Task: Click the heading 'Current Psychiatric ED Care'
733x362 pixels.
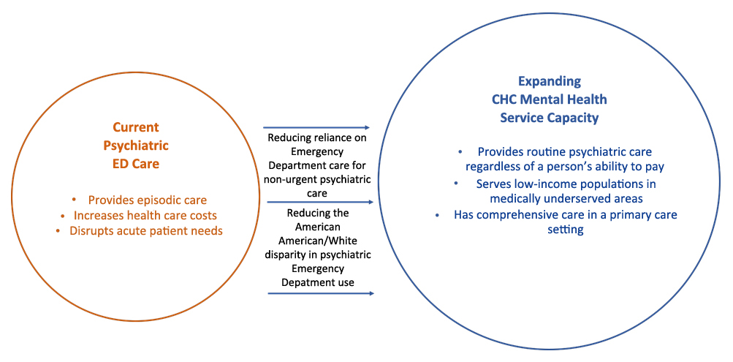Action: click(x=135, y=145)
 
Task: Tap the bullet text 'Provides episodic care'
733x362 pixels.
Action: click(x=147, y=200)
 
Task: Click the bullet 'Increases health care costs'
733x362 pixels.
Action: click(x=145, y=215)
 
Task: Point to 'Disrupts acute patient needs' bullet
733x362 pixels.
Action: click(x=145, y=230)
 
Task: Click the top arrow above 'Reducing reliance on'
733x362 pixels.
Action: click(x=316, y=128)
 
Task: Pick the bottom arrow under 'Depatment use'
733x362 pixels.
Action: click(x=320, y=293)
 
